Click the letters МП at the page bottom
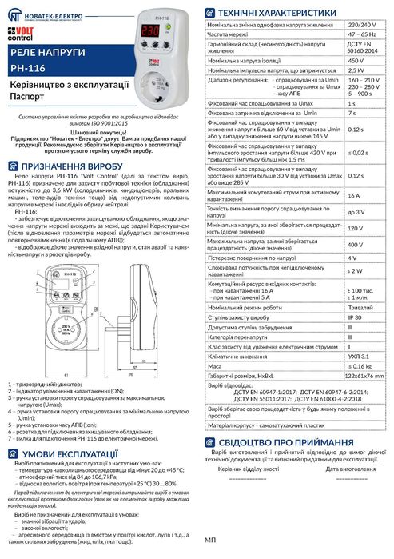[211, 541]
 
